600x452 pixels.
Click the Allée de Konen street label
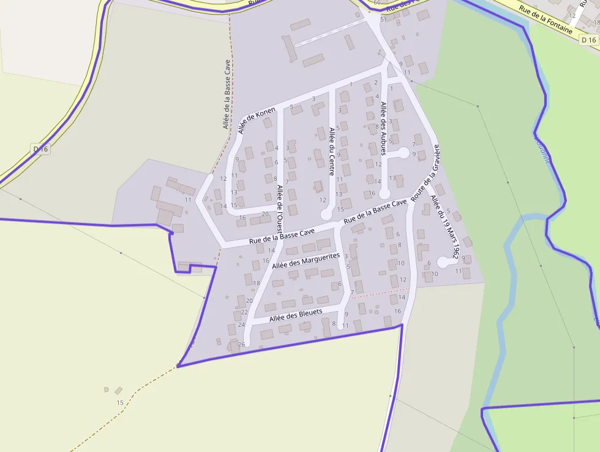[x=257, y=120]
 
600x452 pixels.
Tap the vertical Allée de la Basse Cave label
[x=227, y=94]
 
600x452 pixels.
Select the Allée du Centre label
[x=332, y=151]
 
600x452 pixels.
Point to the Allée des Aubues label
[x=384, y=128]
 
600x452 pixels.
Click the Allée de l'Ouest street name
[x=279, y=206]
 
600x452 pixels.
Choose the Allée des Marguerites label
[x=306, y=261]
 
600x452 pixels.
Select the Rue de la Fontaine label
[x=545, y=20]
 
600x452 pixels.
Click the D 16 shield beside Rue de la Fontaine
[x=588, y=40]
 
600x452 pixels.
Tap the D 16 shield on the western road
[x=40, y=149]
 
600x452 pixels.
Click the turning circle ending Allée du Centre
[x=326, y=215]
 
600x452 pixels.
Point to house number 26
[x=241, y=344]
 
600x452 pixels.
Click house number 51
[x=383, y=20]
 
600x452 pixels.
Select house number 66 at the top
[x=377, y=3]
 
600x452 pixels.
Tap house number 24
[x=241, y=324]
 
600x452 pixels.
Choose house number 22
[x=244, y=312]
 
